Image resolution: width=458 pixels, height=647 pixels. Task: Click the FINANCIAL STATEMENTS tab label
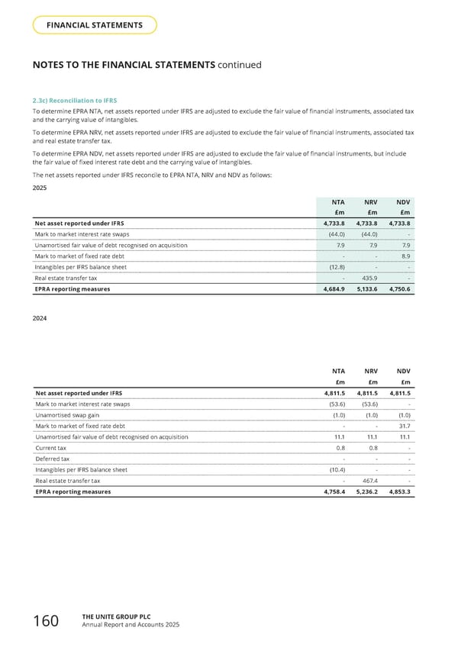point(95,25)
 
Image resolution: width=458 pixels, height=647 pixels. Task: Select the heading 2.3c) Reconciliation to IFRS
point(74,101)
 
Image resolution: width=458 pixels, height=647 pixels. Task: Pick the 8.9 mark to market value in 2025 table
point(405,256)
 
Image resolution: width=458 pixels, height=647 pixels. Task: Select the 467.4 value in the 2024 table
point(369,481)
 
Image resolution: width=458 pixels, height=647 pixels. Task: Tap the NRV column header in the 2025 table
point(370,201)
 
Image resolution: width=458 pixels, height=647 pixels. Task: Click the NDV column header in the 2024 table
point(404,370)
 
